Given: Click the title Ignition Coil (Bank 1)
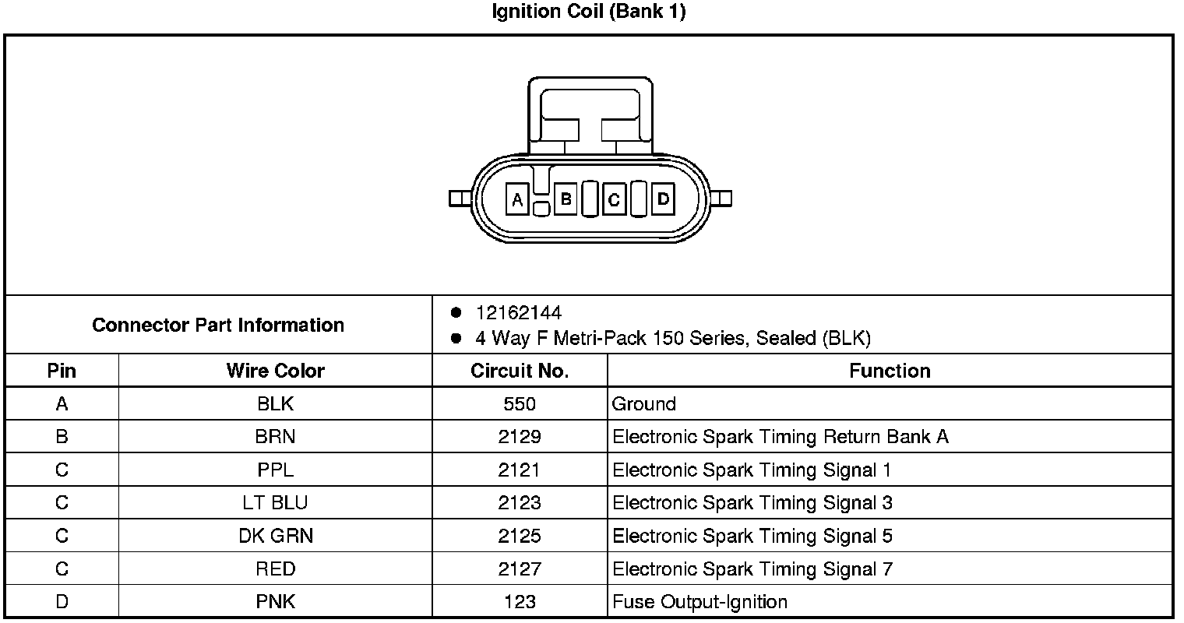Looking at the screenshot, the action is click(x=589, y=12).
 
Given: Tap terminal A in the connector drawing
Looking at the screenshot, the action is click(x=517, y=199).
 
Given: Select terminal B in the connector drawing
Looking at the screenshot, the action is click(x=566, y=199).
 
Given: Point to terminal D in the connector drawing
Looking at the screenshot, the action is click(x=663, y=199).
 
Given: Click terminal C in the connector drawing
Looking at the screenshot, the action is click(x=614, y=199).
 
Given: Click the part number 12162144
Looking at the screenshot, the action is click(x=518, y=313).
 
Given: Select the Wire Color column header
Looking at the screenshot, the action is click(x=275, y=371).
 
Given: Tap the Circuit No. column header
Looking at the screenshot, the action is click(x=520, y=371).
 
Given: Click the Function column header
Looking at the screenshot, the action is click(x=890, y=371).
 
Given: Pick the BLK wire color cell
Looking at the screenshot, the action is click(x=275, y=404).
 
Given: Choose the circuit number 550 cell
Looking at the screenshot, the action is click(x=520, y=404).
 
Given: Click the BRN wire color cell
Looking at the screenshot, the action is click(x=275, y=437).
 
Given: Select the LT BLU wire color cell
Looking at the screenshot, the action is click(x=275, y=503).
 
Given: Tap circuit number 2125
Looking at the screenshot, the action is click(x=520, y=536).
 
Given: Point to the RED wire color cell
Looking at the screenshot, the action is click(x=275, y=569).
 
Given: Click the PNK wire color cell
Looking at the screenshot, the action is click(x=275, y=602).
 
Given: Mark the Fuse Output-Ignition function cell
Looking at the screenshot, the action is click(x=699, y=602).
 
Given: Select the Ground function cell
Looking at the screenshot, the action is click(x=644, y=404).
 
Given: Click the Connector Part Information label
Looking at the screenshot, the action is click(x=218, y=325).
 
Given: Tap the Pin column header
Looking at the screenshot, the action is click(x=62, y=371).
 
